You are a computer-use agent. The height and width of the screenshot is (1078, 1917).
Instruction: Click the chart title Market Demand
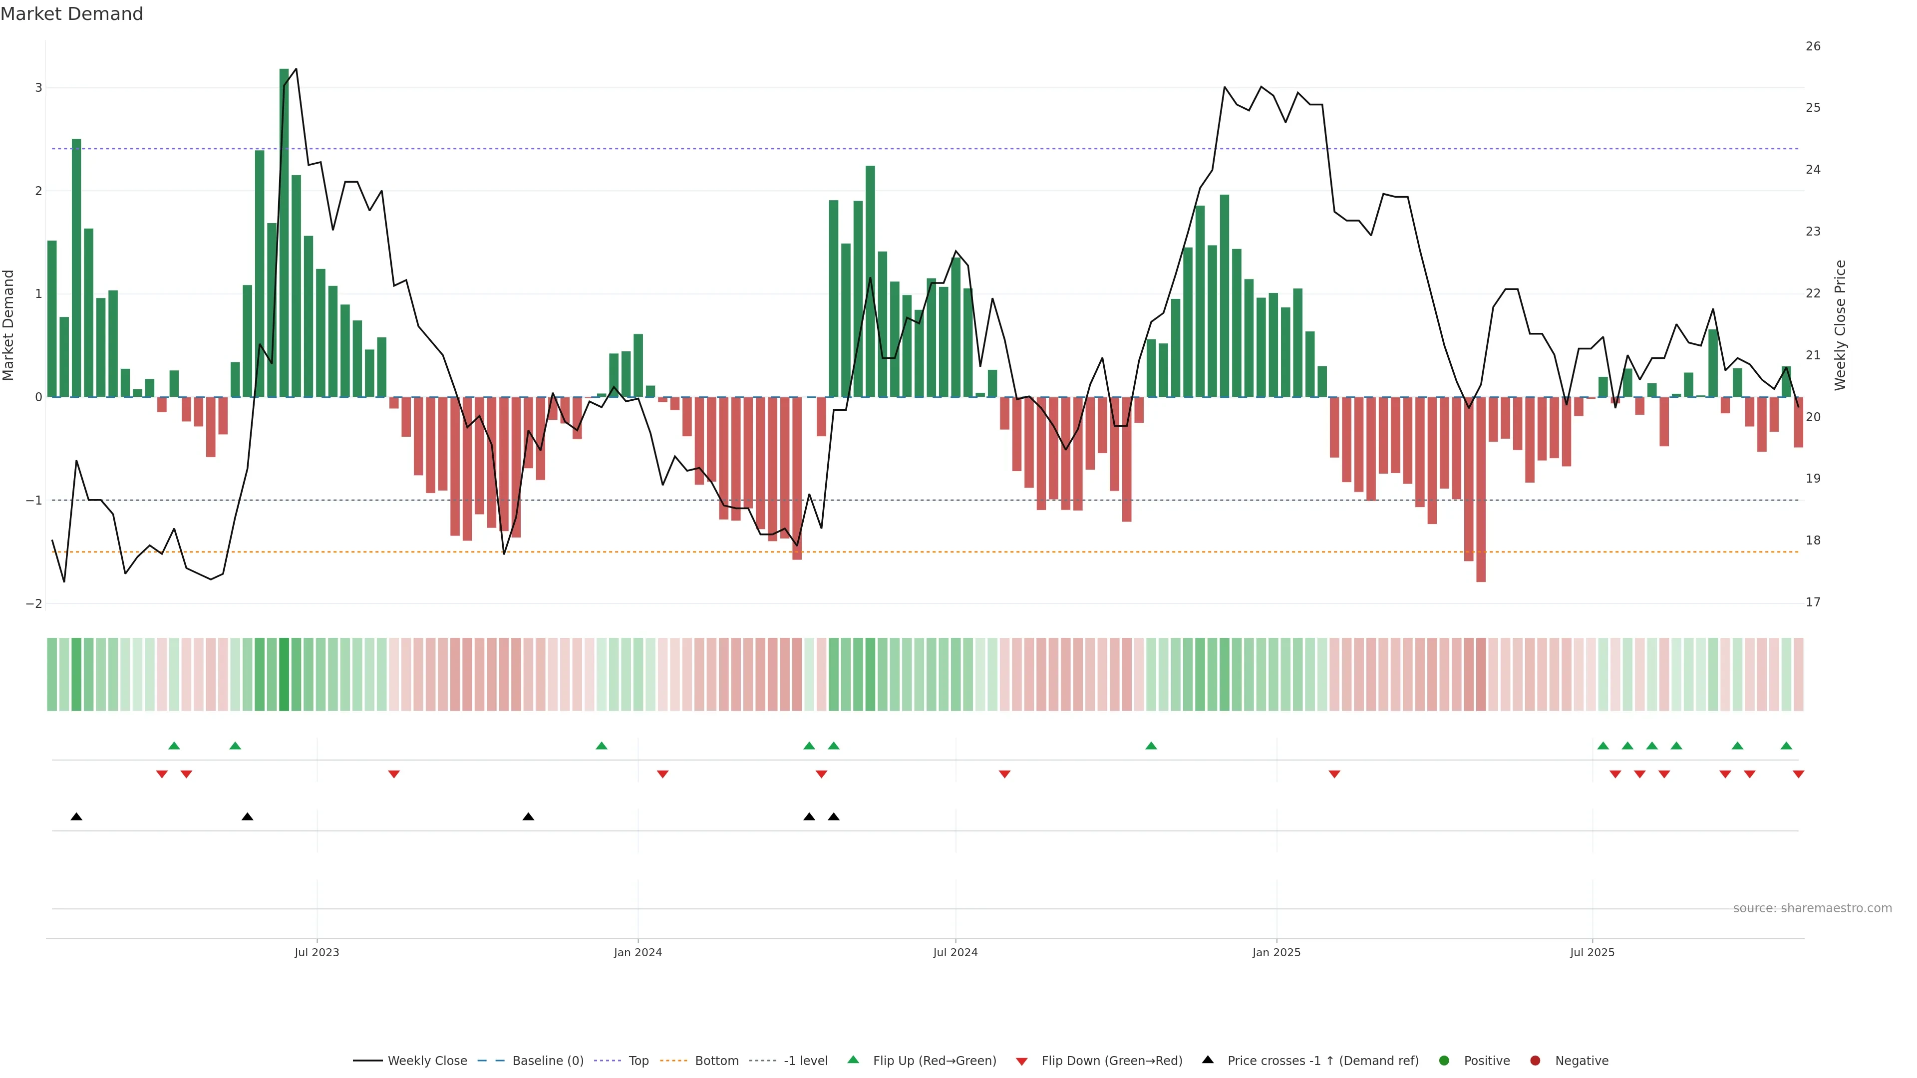pyautogui.click(x=71, y=14)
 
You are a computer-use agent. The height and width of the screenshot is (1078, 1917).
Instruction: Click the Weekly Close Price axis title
pyautogui.click(x=1840, y=325)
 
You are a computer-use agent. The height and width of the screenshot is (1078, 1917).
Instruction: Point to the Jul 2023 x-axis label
pyautogui.click(x=317, y=952)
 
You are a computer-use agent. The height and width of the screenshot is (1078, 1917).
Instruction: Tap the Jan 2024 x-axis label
pyautogui.click(x=638, y=952)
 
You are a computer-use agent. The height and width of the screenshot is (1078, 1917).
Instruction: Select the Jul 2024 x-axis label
pyautogui.click(x=956, y=952)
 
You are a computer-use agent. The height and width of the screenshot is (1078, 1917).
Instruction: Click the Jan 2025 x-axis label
pyautogui.click(x=1277, y=952)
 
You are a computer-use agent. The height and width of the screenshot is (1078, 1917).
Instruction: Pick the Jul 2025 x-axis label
pyautogui.click(x=1592, y=952)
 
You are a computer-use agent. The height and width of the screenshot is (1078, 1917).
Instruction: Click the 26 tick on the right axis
pyautogui.click(x=1813, y=46)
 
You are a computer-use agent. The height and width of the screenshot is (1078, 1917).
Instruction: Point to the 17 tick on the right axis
pyautogui.click(x=1813, y=602)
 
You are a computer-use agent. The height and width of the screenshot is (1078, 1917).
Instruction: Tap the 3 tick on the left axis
pyautogui.click(x=39, y=88)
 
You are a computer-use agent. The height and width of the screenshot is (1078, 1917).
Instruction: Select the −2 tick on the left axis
pyautogui.click(x=34, y=603)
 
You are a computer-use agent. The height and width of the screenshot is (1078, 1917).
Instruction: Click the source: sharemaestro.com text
pyautogui.click(x=1812, y=908)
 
